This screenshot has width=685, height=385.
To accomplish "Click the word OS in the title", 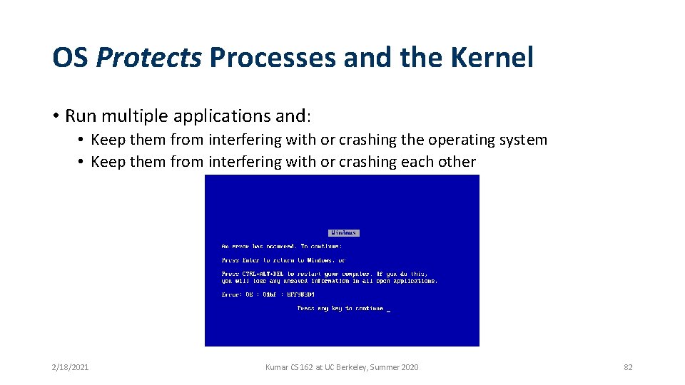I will tap(70, 58).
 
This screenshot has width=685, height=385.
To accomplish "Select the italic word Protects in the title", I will tap(148, 58).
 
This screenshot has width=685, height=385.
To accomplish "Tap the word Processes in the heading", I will tap(272, 58).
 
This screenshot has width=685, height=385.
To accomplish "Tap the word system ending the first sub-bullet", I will tap(523, 140).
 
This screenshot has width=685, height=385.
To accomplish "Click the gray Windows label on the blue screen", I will tap(343, 233).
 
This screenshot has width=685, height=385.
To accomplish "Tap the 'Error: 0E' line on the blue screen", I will tap(268, 294).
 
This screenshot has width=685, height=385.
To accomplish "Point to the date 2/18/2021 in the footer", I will tap(70, 367).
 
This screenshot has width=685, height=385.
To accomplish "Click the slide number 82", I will tap(628, 367).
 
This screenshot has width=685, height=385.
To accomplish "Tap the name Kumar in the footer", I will tap(277, 367).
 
